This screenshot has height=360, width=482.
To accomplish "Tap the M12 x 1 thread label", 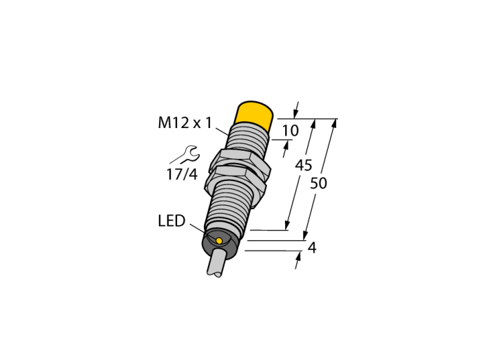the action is tap(185, 123).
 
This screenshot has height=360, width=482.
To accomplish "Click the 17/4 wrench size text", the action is tap(182, 174).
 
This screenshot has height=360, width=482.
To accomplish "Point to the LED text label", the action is tap(171, 221).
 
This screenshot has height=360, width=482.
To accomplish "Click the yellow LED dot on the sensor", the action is tap(219, 240).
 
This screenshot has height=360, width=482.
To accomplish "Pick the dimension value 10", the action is tap(290, 131).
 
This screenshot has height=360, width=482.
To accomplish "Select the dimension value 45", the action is tap(304, 165).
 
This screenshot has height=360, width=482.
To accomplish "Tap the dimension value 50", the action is tap(318, 183).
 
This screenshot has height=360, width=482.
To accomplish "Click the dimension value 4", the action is tap(312, 248).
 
